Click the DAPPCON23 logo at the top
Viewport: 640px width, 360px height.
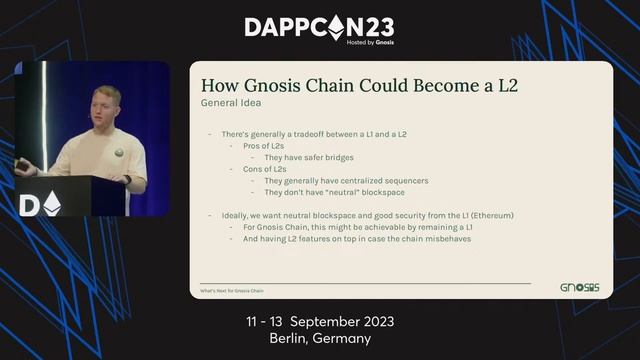click(319, 26)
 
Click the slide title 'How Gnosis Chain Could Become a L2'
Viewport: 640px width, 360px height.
click(360, 86)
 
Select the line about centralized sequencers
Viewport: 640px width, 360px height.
click(346, 181)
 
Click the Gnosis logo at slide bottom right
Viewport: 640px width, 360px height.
click(579, 288)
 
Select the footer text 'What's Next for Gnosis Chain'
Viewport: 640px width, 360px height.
click(231, 291)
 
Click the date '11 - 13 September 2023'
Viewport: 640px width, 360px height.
click(320, 322)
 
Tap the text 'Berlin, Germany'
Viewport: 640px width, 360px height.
click(320, 339)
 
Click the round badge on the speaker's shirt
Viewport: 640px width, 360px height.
click(118, 153)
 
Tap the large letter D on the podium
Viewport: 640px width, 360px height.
click(29, 204)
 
